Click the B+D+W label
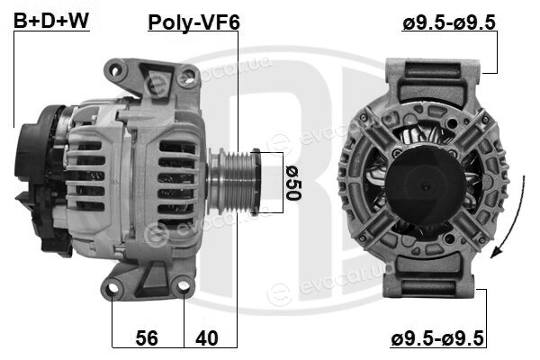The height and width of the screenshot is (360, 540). (51, 21)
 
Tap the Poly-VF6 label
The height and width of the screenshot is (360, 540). (193, 22)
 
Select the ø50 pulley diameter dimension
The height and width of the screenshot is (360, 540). (293, 183)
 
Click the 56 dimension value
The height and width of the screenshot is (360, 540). (147, 338)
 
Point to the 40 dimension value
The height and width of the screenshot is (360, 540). (207, 338)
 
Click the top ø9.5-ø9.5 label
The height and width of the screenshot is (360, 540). (449, 22)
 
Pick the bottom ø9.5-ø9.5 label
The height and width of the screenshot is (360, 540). (437, 338)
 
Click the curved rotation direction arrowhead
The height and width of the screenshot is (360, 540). (495, 253)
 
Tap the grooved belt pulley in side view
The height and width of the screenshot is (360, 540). (234, 182)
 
